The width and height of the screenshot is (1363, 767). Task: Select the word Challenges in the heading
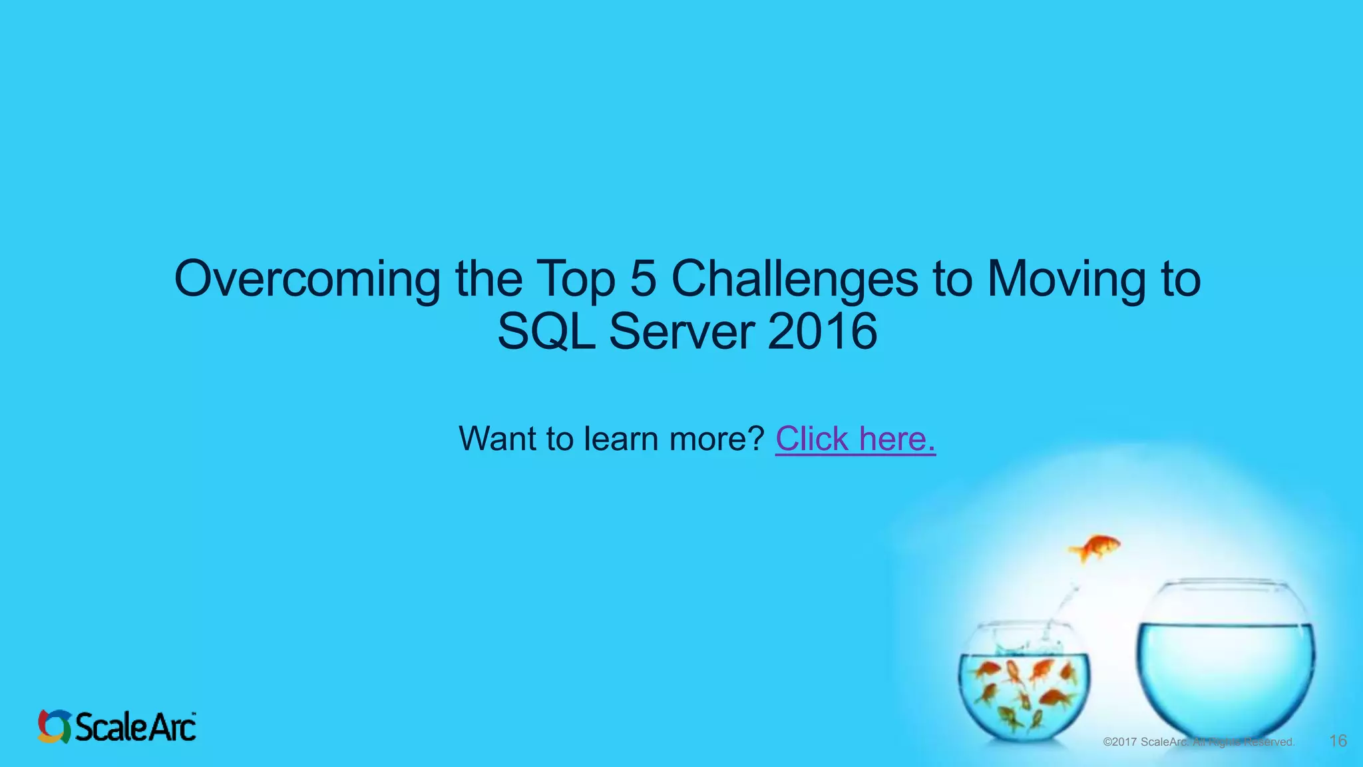click(x=794, y=280)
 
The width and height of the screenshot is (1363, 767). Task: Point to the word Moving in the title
click(x=1066, y=280)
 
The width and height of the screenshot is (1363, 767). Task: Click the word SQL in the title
click(x=546, y=332)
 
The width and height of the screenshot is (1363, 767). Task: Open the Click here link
click(x=855, y=439)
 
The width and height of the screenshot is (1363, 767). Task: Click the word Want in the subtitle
click(x=496, y=439)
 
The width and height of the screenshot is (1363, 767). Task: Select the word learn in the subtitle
click(x=622, y=439)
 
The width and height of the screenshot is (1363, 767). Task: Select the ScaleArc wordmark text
click(x=136, y=726)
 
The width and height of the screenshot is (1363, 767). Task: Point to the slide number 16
click(x=1338, y=741)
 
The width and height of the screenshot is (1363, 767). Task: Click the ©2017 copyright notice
click(x=1198, y=742)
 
